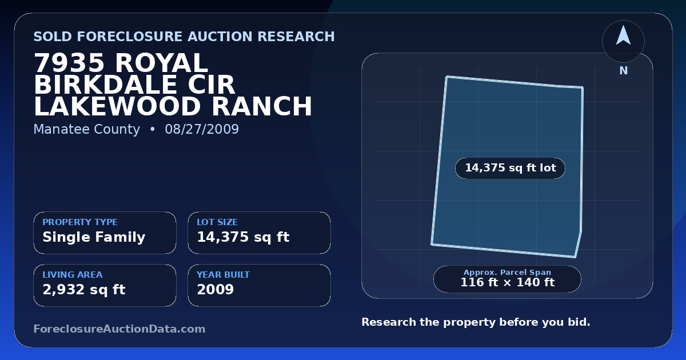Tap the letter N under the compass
624,71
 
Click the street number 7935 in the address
69,63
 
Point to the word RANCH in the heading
262,106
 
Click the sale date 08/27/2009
202,129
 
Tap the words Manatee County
87,129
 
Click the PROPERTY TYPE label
80,222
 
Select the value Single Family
94,237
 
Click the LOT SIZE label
217,222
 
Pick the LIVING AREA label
73,275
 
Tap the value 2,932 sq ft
84,290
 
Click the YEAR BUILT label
224,275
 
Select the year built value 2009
216,289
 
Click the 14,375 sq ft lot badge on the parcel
510,168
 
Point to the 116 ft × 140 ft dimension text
508,282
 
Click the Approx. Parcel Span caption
508,272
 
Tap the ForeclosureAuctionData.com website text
119,329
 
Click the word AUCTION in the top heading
220,37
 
